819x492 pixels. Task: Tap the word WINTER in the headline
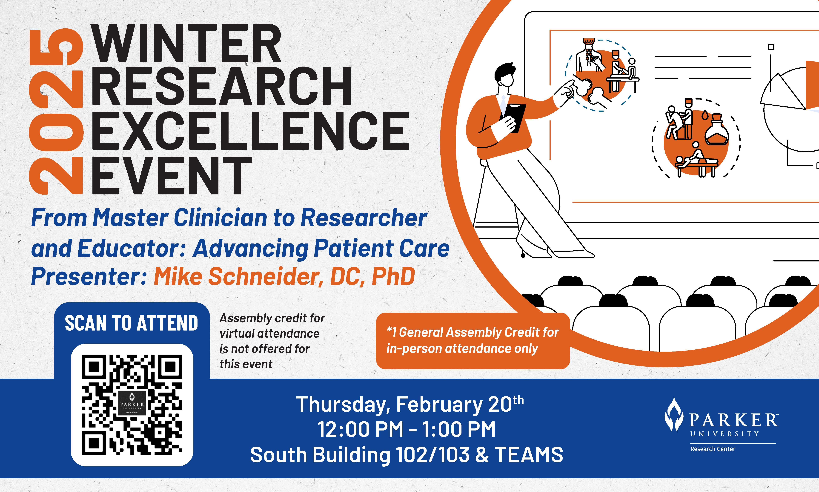(x=186, y=43)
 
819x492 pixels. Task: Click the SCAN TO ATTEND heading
(x=131, y=323)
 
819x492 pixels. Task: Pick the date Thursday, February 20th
(x=410, y=404)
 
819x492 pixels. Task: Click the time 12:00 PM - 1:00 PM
(x=407, y=429)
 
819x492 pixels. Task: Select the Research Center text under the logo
(x=712, y=449)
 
